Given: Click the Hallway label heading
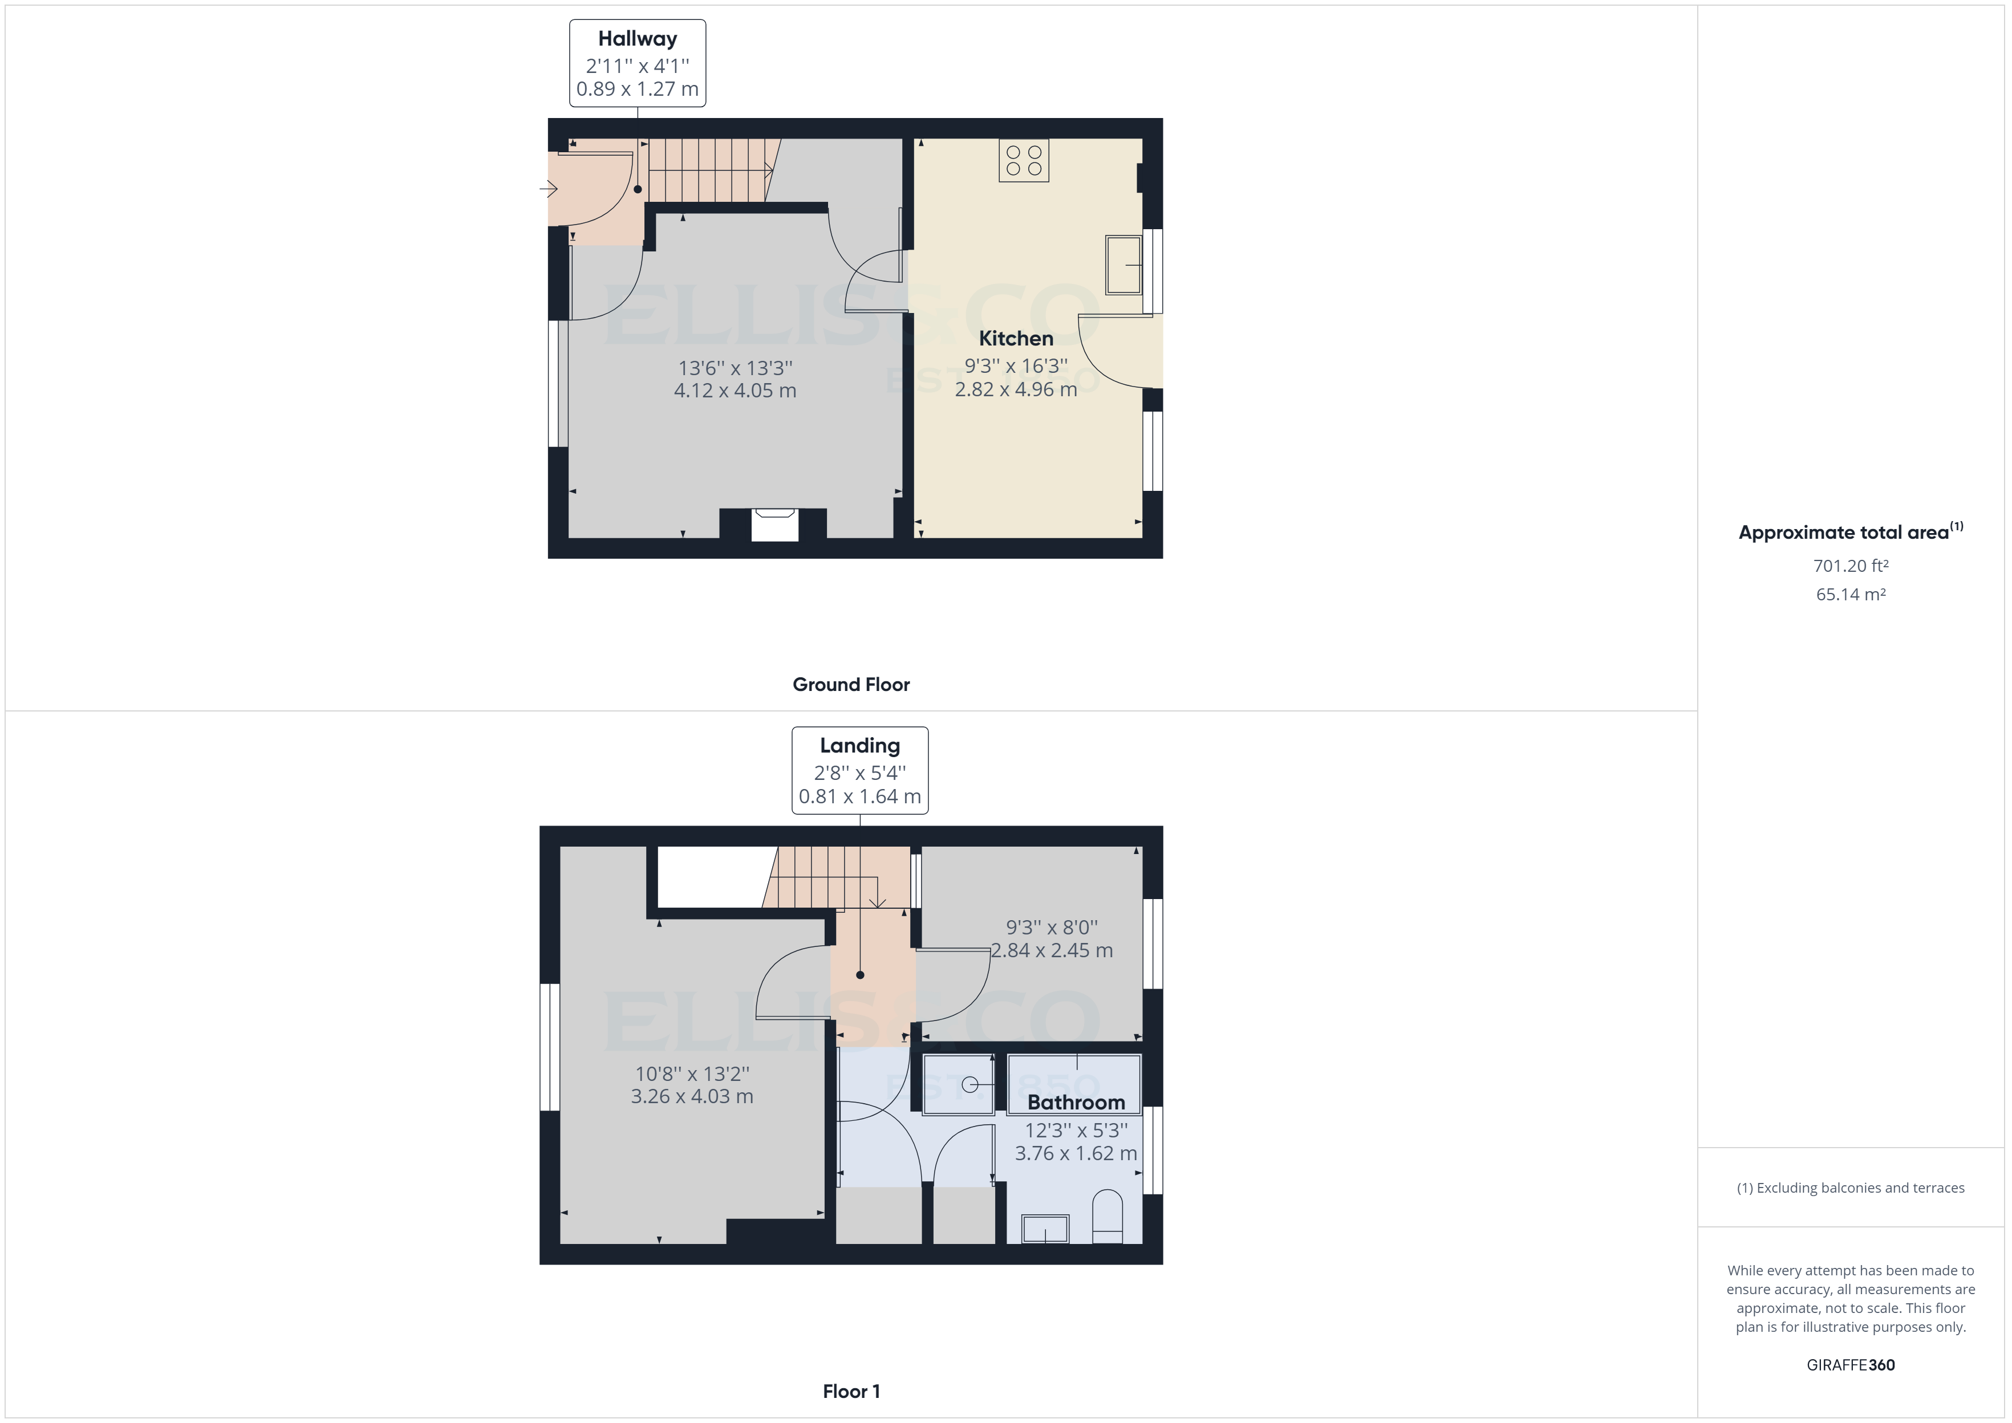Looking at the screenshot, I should (x=637, y=39).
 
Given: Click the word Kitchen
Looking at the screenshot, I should (x=1016, y=338).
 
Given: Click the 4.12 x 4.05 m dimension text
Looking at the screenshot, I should (x=735, y=391).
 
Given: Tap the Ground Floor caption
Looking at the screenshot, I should (x=851, y=684).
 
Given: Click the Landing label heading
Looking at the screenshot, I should (x=859, y=746).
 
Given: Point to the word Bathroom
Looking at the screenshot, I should (x=1076, y=1102).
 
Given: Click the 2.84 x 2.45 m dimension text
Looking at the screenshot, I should (x=1052, y=951).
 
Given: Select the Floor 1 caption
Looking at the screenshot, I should (x=851, y=1392).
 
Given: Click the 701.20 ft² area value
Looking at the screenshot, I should (x=1850, y=566).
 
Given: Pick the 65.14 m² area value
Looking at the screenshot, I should (x=1850, y=594).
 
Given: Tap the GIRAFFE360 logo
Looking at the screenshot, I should (x=1850, y=1365).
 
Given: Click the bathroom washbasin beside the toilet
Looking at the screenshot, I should (x=1045, y=1229).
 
